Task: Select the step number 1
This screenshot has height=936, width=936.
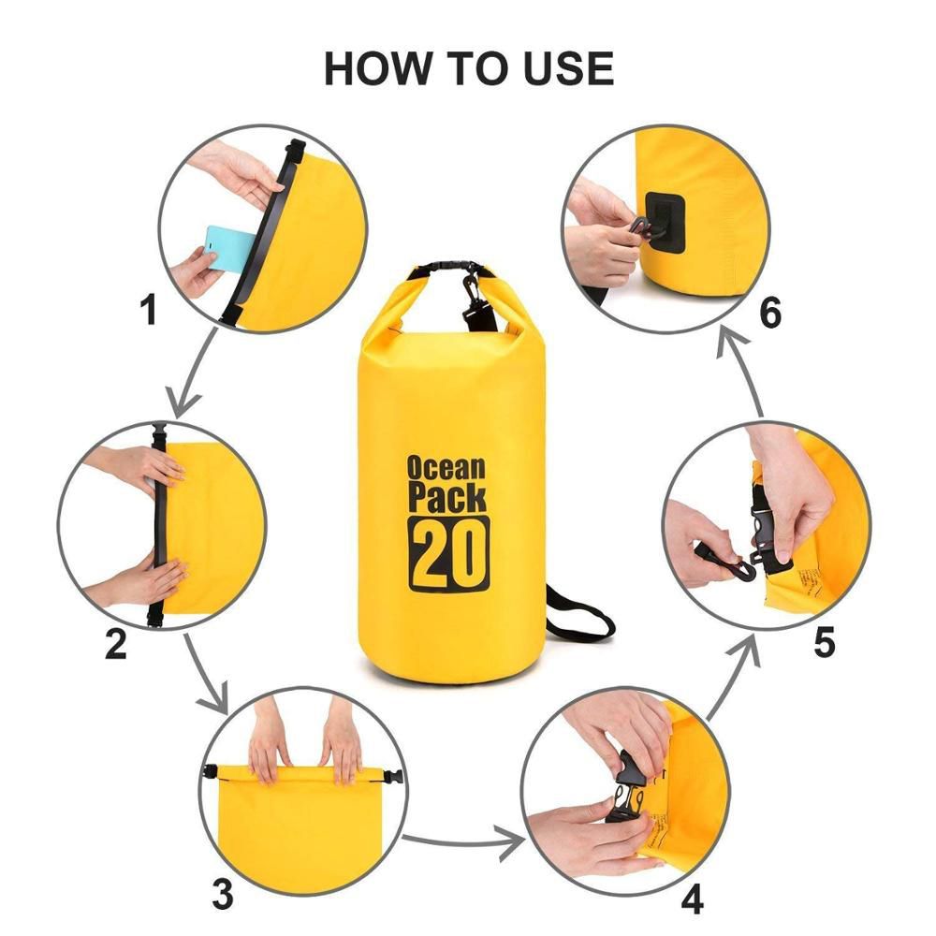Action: point(148,310)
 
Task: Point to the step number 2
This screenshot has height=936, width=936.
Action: point(115,644)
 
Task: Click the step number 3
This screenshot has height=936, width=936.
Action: point(222,894)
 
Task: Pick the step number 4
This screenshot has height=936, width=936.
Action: point(692,899)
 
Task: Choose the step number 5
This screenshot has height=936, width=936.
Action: point(824,643)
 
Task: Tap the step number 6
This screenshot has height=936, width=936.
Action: point(769,314)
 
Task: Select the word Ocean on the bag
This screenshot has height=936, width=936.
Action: point(446,467)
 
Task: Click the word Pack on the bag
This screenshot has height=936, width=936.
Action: point(447,497)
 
